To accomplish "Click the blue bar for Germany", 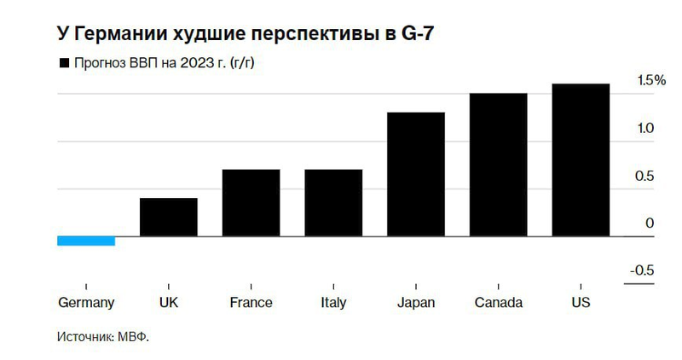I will click(85, 241).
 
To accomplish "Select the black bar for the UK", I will click(169, 217).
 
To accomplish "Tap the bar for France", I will click(251, 202).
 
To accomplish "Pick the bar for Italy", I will click(333, 202).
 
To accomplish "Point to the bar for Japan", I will click(416, 174).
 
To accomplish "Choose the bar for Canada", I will click(498, 165).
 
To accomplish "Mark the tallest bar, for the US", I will click(581, 160).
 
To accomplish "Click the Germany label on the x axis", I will click(86, 303).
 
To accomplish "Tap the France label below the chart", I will click(251, 303).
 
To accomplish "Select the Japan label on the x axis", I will click(416, 303).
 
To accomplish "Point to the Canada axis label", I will click(498, 303).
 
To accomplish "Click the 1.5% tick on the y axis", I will click(650, 81).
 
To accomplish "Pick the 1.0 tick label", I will click(645, 129).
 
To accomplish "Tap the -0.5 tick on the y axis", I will click(642, 270).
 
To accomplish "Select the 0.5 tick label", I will click(645, 177).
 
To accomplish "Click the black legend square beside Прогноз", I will click(62, 63).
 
